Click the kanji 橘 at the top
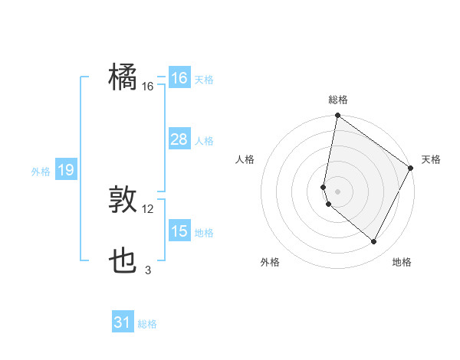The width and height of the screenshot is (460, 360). click(x=123, y=77)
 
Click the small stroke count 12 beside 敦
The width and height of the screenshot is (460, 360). click(x=148, y=209)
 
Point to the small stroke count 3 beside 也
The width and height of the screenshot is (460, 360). click(x=148, y=270)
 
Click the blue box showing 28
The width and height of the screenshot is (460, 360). click(x=179, y=139)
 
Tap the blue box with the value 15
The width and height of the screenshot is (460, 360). click(x=179, y=231)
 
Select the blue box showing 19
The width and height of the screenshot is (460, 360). click(x=65, y=170)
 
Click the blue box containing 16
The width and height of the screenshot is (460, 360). click(x=179, y=78)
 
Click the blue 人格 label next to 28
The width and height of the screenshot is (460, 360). click(x=204, y=141)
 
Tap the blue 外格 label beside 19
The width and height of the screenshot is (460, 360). click(x=41, y=172)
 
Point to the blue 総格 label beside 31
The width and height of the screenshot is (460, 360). click(x=147, y=324)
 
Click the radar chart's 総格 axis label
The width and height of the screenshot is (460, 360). click(x=338, y=100)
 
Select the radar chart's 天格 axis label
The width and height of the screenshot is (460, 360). click(x=431, y=159)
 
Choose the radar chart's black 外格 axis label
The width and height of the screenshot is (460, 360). click(x=270, y=262)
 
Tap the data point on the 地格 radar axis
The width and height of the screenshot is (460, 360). click(x=374, y=242)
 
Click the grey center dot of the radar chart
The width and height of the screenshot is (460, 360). click(x=338, y=191)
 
